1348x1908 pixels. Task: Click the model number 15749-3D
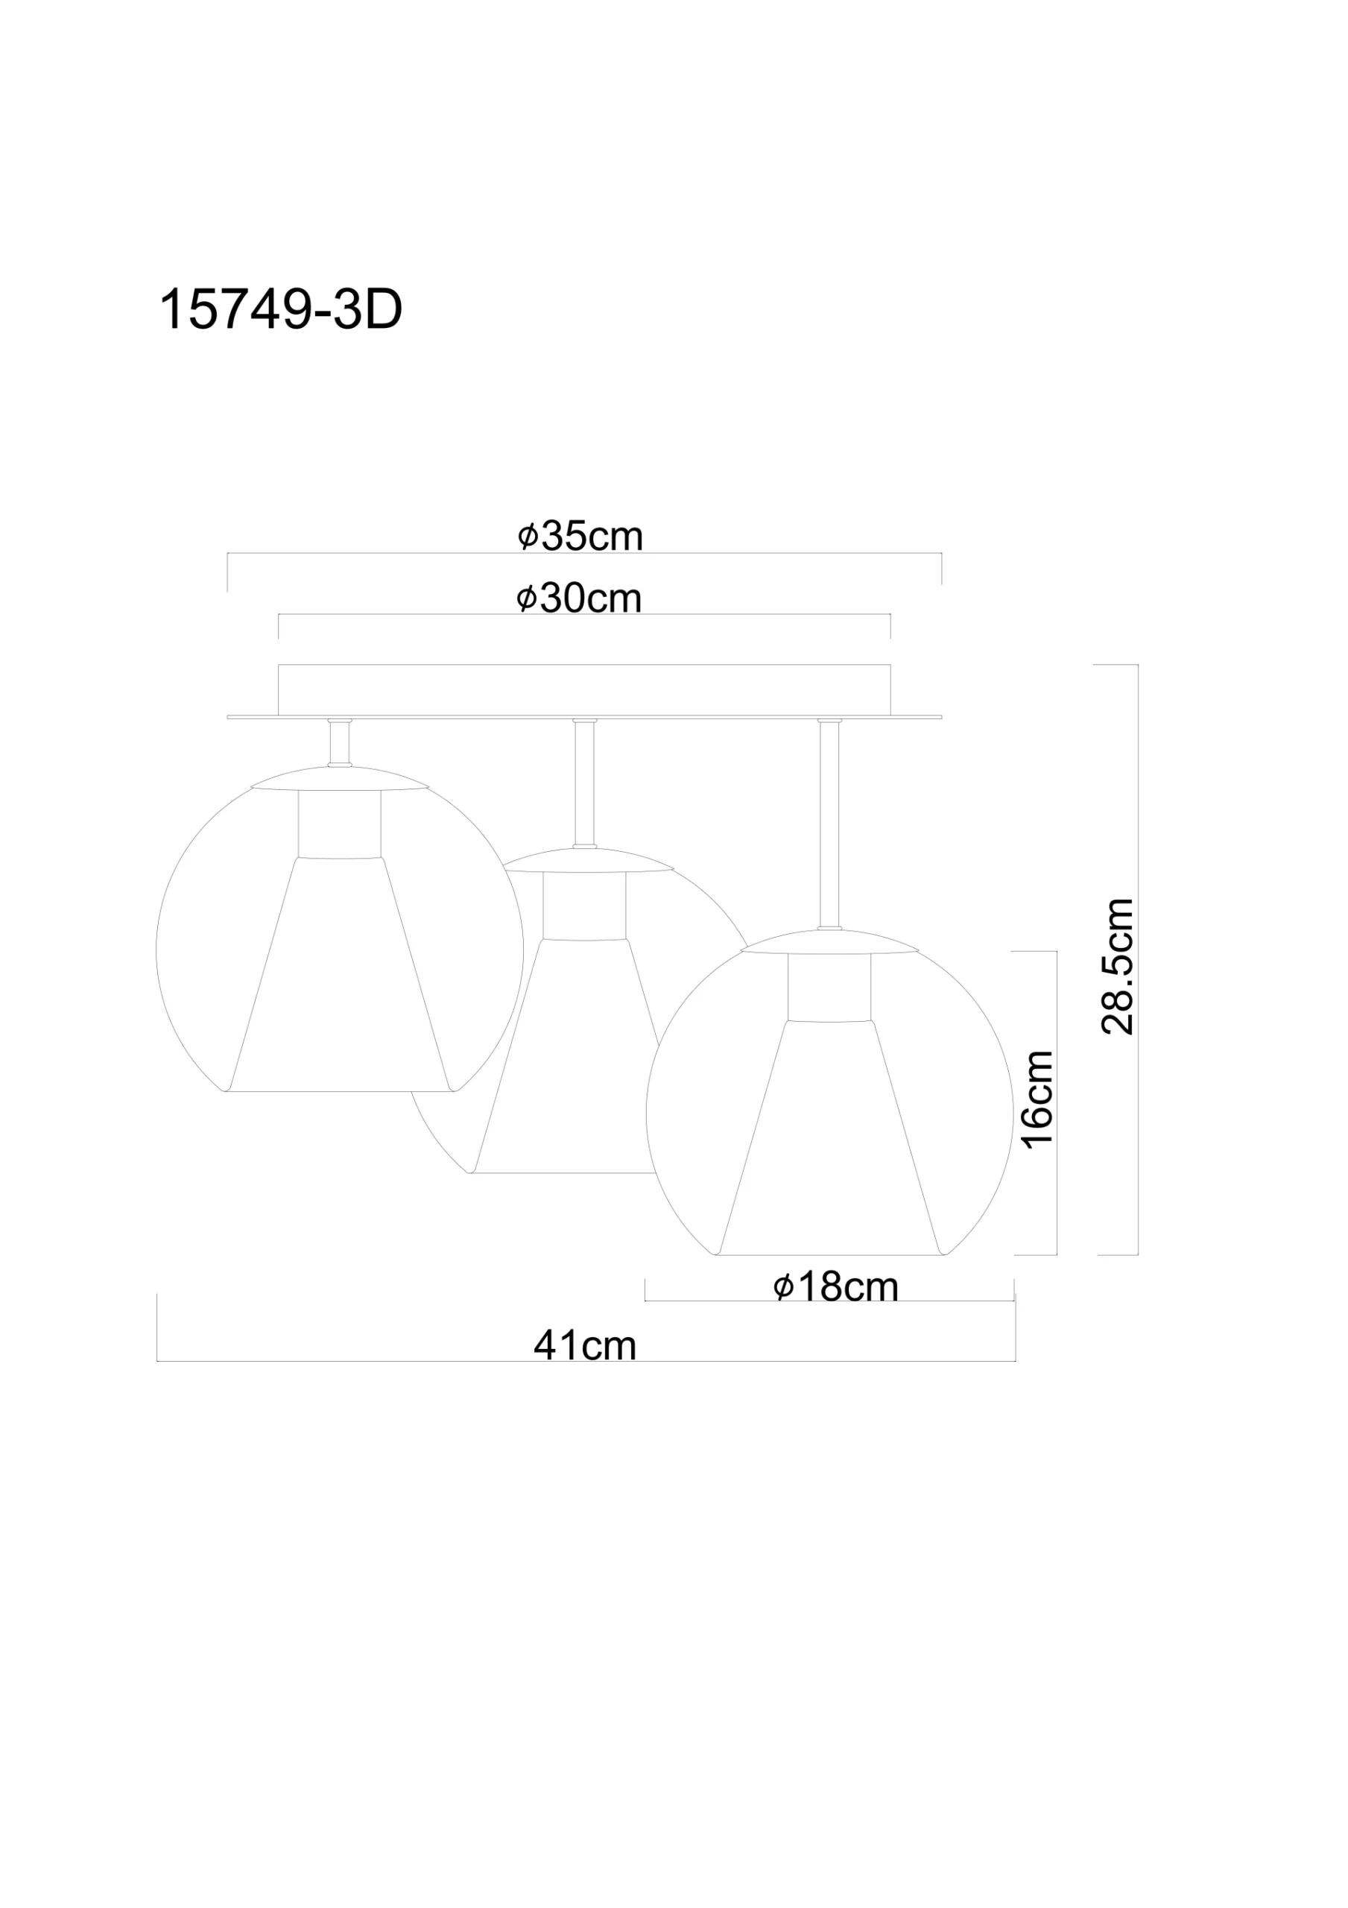[280, 311]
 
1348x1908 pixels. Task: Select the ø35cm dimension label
[580, 536]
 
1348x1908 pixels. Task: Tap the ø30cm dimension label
[579, 598]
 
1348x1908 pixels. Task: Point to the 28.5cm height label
[1116, 967]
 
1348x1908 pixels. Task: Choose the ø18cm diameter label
[835, 1287]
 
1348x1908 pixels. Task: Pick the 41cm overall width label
[585, 1345]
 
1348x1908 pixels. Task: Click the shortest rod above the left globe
[339, 742]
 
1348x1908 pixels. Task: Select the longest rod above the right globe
[829, 824]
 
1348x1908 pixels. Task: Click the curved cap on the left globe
[339, 779]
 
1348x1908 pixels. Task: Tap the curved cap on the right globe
[829, 942]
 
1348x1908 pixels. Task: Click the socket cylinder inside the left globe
[339, 824]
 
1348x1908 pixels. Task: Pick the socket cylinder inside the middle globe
[584, 905]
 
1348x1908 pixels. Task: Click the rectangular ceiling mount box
[584, 689]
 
